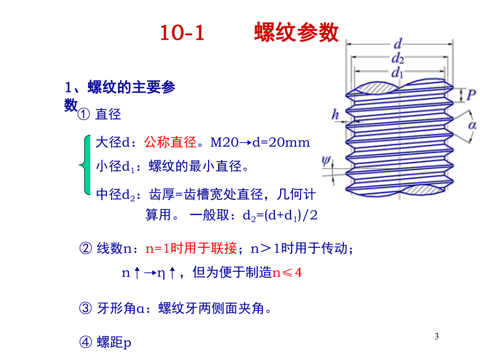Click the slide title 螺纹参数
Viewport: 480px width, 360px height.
[296, 33]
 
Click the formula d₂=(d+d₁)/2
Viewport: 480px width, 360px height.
[280, 215]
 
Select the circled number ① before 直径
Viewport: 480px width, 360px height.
[84, 114]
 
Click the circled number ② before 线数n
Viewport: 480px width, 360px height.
[85, 249]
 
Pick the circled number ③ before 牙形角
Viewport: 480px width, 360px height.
[85, 308]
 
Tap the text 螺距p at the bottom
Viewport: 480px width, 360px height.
[114, 343]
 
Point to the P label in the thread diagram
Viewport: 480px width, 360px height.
[471, 95]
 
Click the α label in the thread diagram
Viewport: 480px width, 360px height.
[473, 125]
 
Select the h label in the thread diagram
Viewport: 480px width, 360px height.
[336, 114]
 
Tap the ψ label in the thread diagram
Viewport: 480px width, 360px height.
[327, 162]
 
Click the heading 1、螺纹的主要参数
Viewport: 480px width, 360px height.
[120, 87]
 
